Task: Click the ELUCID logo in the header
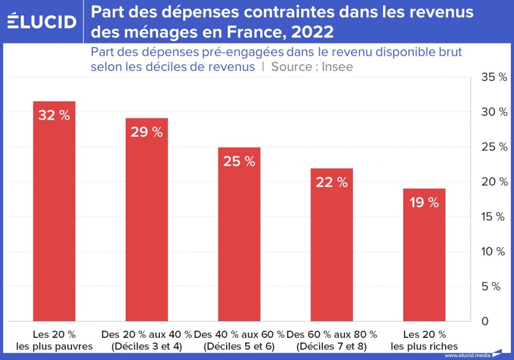pos(42,22)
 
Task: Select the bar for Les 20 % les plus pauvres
pos(54,216)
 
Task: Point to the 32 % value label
pos(54,116)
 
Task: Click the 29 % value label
pos(146,132)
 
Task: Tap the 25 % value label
pos(239,161)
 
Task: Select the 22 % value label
pos(332,182)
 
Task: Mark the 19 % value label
pos(424,203)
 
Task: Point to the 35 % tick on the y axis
pos(493,77)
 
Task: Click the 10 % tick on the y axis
pos(493,251)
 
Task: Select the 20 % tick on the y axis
pos(493,182)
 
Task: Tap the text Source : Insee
pos(312,67)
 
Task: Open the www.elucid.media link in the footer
pos(467,355)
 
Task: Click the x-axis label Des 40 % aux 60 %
pos(239,334)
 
